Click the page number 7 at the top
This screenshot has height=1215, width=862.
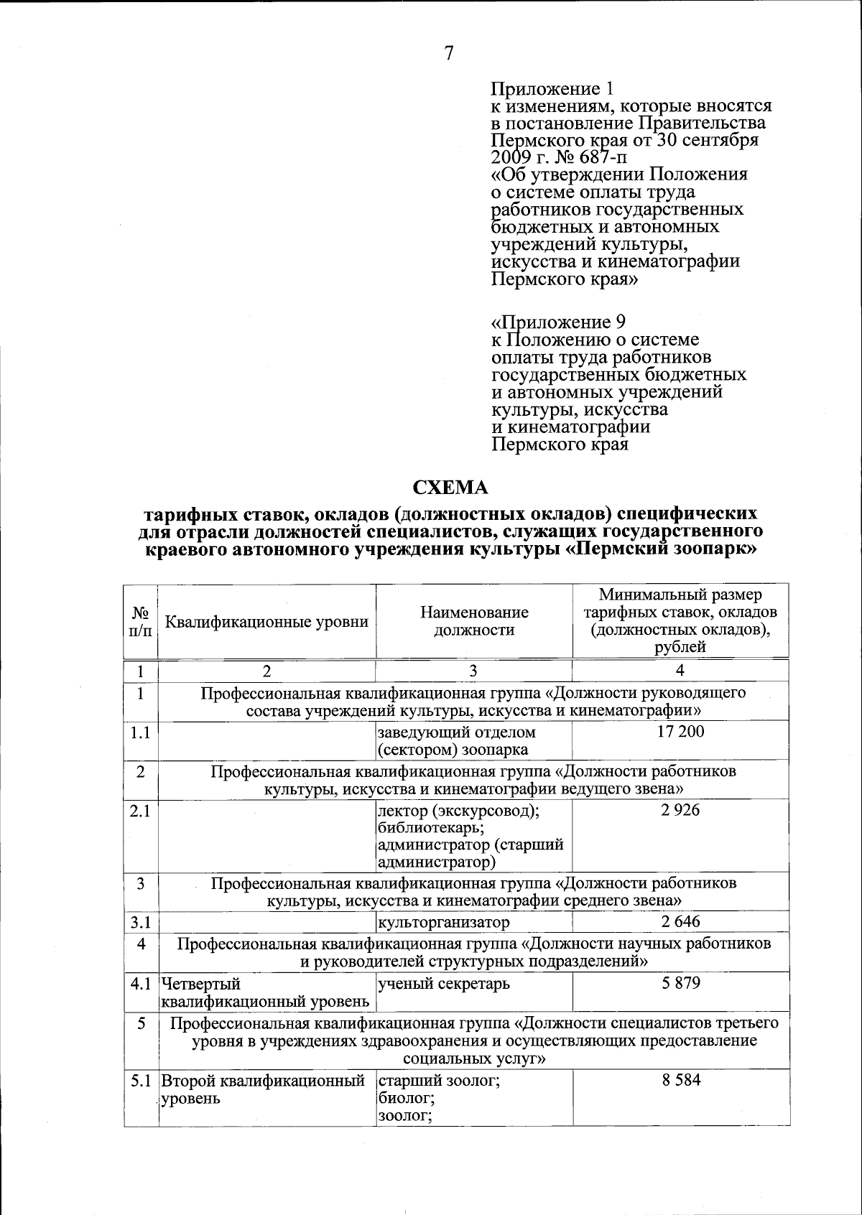[449, 54]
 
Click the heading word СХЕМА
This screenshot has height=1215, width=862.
[450, 488]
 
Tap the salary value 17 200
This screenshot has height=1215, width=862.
[680, 732]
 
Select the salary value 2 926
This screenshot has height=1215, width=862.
[680, 810]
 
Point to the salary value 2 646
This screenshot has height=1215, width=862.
[680, 921]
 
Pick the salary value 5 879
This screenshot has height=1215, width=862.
[680, 983]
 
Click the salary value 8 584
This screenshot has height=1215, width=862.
[680, 1080]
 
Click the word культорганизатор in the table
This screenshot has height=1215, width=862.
[444, 922]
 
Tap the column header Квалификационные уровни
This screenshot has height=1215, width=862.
[267, 622]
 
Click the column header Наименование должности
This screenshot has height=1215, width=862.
[474, 621]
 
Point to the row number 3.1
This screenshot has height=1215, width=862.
[140, 922]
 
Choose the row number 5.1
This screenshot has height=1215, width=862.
[140, 1080]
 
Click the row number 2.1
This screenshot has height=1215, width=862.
[140, 810]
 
